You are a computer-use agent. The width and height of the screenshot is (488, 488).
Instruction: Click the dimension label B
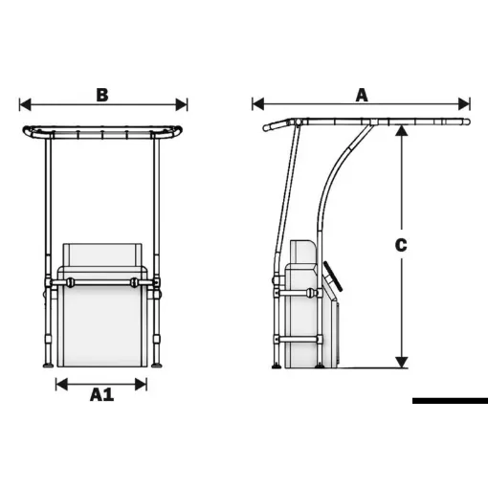[x=102, y=95]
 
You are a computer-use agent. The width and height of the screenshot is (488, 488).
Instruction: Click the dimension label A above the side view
[x=362, y=95]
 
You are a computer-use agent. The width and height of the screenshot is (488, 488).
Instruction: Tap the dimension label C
[x=401, y=245]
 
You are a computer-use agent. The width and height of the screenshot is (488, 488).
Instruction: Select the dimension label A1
[x=101, y=394]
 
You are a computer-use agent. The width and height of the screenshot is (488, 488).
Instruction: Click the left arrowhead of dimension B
[x=25, y=104]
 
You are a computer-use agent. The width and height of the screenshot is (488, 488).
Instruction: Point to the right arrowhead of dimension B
[x=182, y=104]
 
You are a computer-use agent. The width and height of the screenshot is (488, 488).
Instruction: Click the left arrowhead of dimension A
[x=258, y=104]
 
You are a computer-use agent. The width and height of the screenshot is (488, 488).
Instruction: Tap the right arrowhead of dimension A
[x=464, y=104]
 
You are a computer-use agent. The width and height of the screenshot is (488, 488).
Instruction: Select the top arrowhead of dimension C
[x=402, y=131]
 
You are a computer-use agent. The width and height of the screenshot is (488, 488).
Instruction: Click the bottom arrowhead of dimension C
[x=402, y=363]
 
